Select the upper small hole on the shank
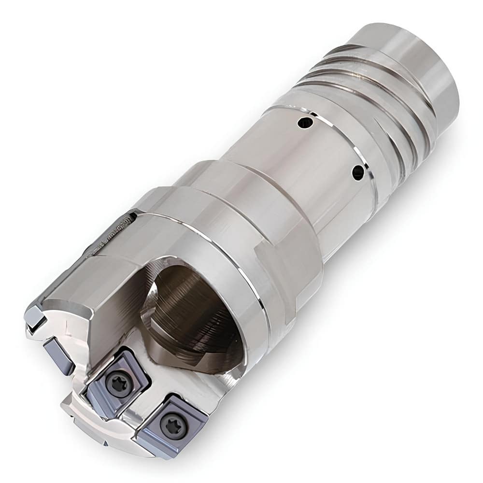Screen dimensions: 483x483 click(305, 123)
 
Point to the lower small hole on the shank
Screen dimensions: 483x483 click(358, 172)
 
